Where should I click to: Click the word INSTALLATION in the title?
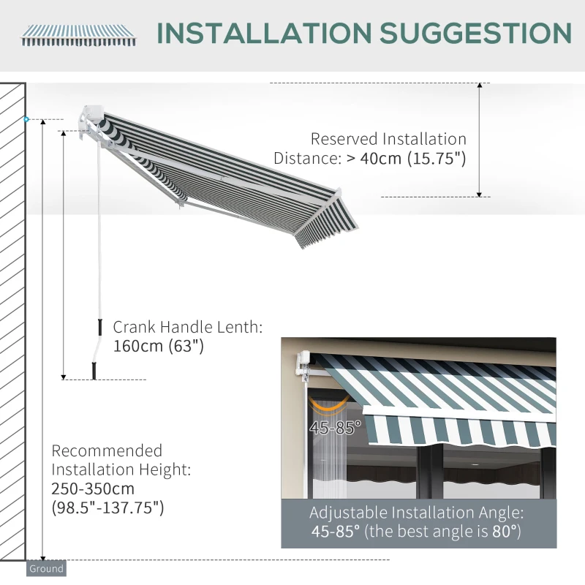(x=262, y=33)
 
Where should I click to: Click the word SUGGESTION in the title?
(x=475, y=33)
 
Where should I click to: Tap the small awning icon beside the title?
(x=78, y=34)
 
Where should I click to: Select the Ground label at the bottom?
(x=46, y=568)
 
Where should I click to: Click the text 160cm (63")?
(x=158, y=346)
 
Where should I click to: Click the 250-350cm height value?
(x=93, y=488)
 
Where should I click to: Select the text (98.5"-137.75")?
(x=107, y=507)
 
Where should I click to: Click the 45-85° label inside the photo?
(x=330, y=428)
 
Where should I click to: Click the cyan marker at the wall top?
(x=26, y=118)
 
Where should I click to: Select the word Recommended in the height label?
(x=107, y=450)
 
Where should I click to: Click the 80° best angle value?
(x=506, y=532)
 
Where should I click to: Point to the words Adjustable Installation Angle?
(x=417, y=513)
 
